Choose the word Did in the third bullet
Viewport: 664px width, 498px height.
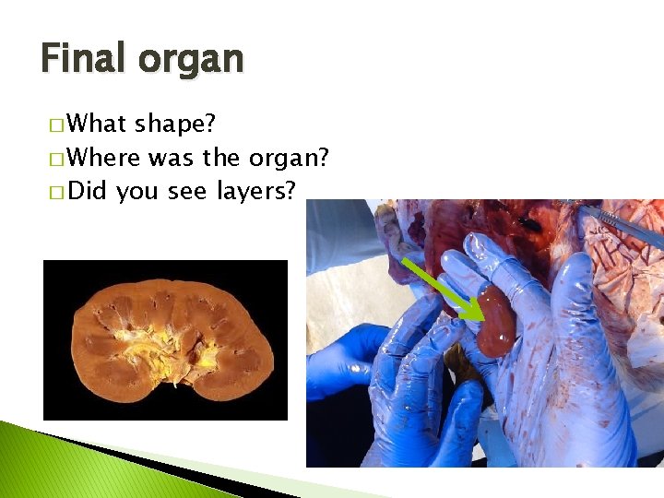click(x=88, y=191)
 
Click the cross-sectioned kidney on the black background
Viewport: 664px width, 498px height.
click(x=166, y=340)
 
